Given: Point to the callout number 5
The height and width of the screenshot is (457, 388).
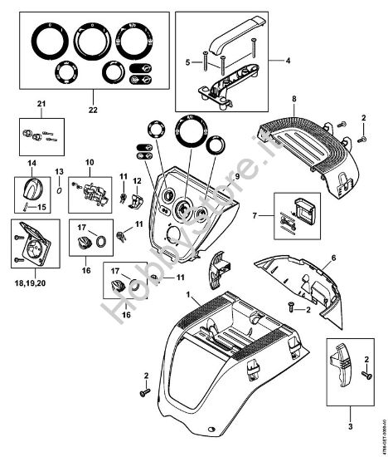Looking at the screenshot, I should coord(188,61).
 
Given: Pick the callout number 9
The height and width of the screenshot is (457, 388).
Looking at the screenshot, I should coord(236,176).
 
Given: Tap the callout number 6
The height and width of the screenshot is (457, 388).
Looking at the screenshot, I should coord(333,258).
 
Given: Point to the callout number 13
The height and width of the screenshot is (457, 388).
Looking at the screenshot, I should coord(59,171).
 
